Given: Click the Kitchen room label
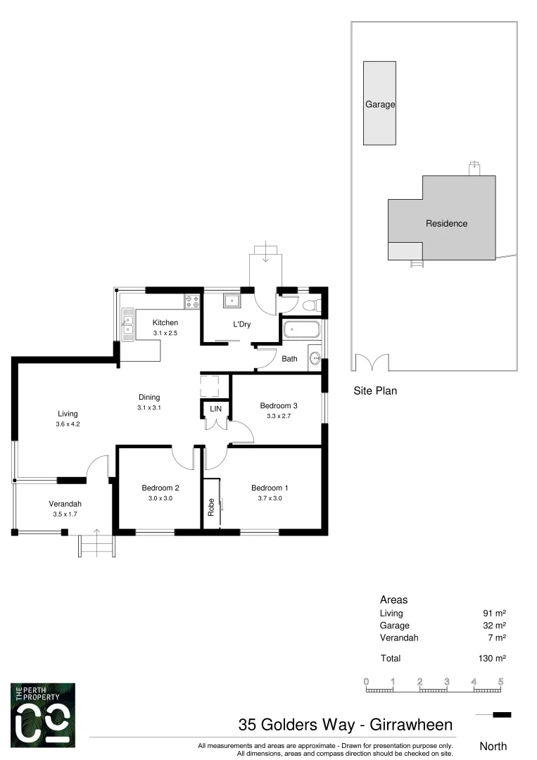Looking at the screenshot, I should pos(165,323).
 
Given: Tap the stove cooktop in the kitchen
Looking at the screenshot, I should pos(192,301).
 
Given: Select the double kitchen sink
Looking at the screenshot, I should pos(127,324).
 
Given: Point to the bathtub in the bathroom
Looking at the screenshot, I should pos(301,329).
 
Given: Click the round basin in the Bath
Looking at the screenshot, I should pos(315,357).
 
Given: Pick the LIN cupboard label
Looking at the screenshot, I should pos(215,408).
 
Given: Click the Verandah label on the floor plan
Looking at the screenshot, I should pos(65,504).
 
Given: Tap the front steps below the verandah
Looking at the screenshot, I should pos(96,545).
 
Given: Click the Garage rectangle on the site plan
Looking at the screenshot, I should pos(379,103).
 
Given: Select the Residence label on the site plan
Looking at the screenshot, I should pos(446,224).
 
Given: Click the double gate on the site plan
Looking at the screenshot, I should pos(372,362).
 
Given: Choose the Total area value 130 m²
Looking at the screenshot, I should pos(491,659).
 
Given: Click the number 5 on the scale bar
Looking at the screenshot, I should pos(500,681).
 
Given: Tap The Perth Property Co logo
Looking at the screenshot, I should pos(43,714).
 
